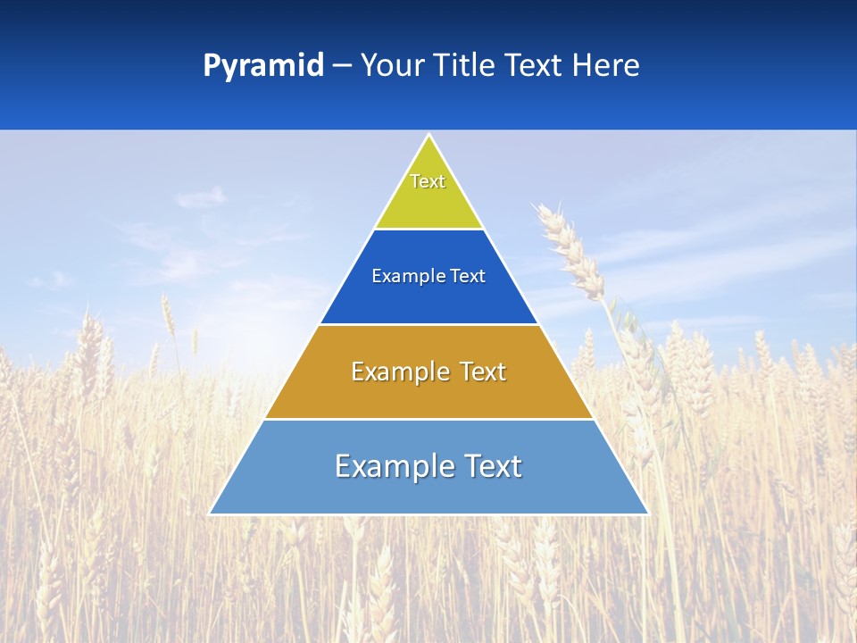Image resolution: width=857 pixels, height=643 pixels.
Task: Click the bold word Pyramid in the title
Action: pos(262,66)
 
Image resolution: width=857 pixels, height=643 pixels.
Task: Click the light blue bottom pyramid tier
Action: pos(428,491)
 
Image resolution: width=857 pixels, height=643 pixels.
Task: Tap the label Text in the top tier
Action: pos(428,181)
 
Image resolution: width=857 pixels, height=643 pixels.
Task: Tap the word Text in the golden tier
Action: pos(482,372)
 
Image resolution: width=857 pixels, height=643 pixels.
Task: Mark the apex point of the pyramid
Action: pos(429,136)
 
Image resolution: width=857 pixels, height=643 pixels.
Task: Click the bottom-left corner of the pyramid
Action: pos(211,514)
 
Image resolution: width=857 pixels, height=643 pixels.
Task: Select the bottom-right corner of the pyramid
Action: pos(647,514)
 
